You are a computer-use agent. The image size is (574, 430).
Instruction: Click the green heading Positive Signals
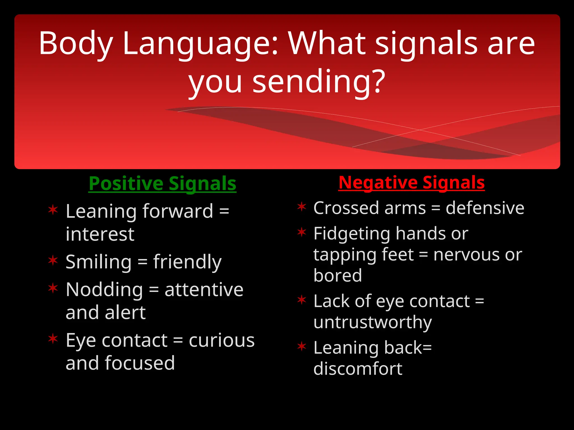coord(162,184)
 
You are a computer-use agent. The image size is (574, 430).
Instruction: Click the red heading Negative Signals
coord(411,183)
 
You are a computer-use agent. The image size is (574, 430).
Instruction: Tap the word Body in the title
coord(76,43)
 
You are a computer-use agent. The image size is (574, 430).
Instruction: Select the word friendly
coord(187,262)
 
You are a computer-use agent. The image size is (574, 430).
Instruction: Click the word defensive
coord(485,208)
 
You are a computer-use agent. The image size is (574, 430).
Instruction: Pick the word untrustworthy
coord(372,322)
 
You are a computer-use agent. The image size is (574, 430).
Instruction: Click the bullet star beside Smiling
coord(53,260)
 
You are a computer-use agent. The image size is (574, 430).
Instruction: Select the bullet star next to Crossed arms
coord(302,207)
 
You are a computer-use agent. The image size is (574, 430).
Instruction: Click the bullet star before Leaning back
coord(302,346)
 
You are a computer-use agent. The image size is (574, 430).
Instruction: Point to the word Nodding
coord(104,290)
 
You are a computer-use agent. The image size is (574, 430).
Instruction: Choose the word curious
coord(221,340)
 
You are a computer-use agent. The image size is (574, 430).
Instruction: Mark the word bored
coord(337,275)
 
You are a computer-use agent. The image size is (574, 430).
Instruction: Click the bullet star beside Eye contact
coord(53,339)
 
